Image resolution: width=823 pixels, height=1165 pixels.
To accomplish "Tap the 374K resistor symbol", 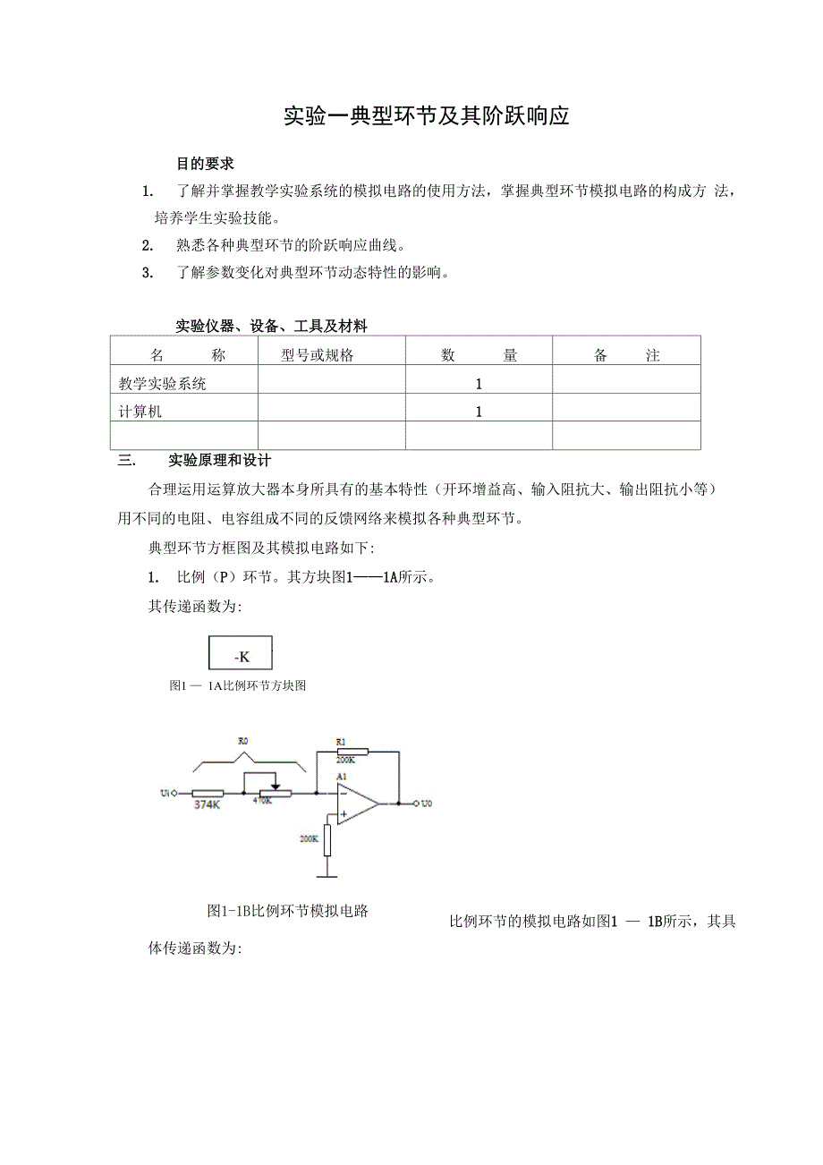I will [208, 793].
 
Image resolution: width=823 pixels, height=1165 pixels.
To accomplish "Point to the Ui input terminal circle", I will [174, 793].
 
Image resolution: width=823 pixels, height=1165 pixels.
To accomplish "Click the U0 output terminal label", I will [427, 804].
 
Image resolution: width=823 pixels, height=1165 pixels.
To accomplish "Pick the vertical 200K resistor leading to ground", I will [328, 839].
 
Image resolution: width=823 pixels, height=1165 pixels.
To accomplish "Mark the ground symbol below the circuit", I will [328, 875].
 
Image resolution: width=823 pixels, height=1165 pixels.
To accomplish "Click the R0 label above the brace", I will [242, 742].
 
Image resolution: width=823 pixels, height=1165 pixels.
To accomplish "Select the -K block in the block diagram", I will [241, 654].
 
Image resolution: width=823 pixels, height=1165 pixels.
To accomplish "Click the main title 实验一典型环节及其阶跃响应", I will [426, 116].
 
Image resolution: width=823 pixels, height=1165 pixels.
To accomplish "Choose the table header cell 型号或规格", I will [318, 355].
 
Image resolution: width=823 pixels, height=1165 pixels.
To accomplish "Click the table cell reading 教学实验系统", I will [163, 384].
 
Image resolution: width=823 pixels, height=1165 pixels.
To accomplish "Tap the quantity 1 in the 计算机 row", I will [479, 412].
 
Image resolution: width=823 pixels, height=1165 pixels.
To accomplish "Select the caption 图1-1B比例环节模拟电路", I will [288, 911].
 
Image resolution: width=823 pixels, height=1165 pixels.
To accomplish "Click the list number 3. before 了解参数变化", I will [148, 273].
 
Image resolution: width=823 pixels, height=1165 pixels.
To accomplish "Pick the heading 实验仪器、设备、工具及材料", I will [271, 326].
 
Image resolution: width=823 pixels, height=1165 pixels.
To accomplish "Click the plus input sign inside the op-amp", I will [344, 814].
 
